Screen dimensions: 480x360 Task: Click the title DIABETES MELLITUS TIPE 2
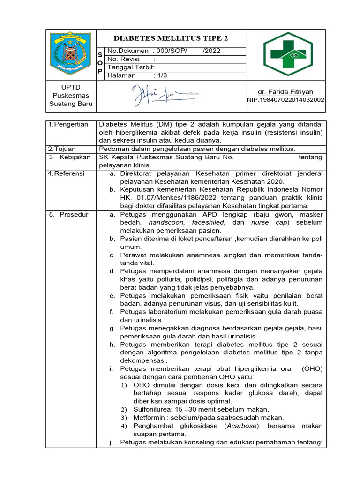pyautogui.click(x=171, y=38)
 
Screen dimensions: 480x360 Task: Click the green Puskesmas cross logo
pyautogui.click(x=285, y=54)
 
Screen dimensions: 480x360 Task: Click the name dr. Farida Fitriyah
pyautogui.click(x=285, y=92)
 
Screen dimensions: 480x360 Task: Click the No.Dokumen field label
pyautogui.click(x=126, y=51)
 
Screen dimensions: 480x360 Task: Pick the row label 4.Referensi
pyautogui.click(x=67, y=173)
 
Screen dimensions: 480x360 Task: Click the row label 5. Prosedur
pyautogui.click(x=68, y=214)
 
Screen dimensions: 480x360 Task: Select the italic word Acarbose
pyautogui.click(x=239, y=426)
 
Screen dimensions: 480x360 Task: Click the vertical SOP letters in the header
pyautogui.click(x=100, y=63)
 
